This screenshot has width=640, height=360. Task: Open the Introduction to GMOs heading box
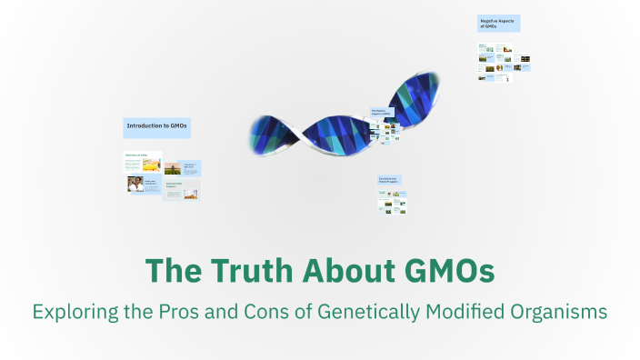[x=157, y=126]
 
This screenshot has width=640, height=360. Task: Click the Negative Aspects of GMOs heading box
[x=499, y=24]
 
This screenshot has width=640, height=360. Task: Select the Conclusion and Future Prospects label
[x=391, y=181]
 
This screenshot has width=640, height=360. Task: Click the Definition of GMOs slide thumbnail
[x=143, y=162]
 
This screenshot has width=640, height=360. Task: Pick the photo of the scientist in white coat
[x=135, y=184]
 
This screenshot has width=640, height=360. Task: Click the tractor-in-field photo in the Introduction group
[x=173, y=168]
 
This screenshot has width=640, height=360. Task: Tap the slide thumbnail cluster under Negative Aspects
[x=504, y=62]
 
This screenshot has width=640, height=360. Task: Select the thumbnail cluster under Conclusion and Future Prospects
[x=392, y=203]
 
